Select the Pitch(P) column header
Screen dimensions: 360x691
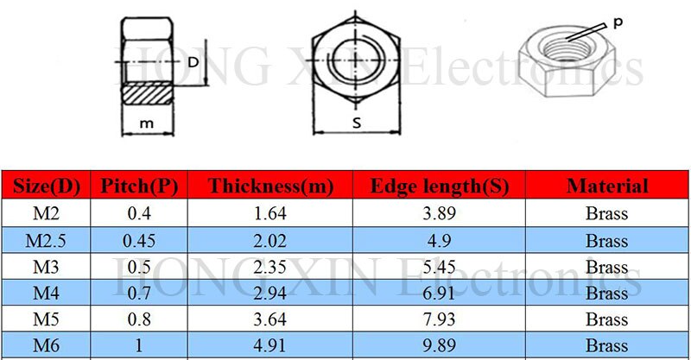[x=140, y=186]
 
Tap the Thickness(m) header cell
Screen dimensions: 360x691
[x=270, y=186]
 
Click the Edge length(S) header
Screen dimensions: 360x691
[x=440, y=186]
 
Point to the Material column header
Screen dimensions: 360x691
[x=606, y=186]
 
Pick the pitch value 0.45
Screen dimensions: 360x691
[x=140, y=240]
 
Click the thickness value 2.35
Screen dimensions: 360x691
[x=270, y=267]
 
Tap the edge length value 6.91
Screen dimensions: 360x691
[x=440, y=294]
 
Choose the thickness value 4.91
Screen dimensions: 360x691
[x=270, y=346]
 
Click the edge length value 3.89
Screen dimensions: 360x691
[x=440, y=213]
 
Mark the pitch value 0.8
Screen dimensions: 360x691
[x=140, y=320]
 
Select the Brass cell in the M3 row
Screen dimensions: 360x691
[x=606, y=267]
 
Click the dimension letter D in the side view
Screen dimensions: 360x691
[x=193, y=62]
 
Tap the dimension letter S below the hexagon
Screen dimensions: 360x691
[x=356, y=123]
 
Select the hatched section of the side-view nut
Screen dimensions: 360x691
[x=147, y=92]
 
